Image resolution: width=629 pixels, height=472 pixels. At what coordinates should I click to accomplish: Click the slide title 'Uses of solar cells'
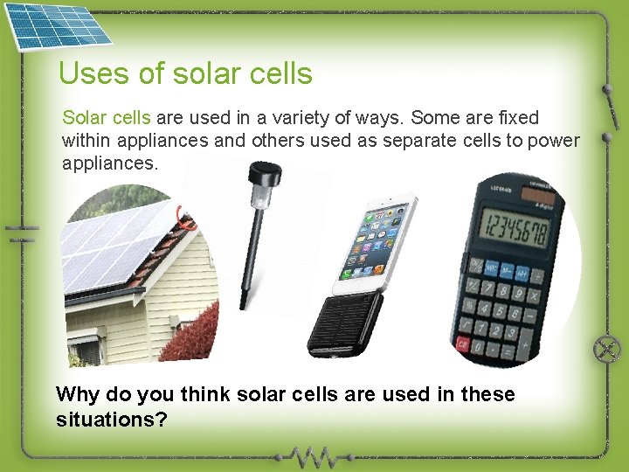pyautogui.click(x=185, y=73)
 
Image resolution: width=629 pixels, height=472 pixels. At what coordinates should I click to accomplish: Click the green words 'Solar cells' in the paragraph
pyautogui.click(x=106, y=117)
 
